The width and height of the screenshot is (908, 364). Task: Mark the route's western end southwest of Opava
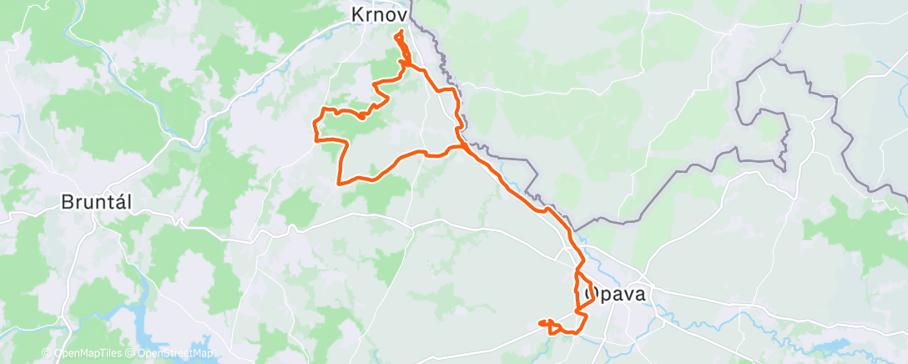(541, 322)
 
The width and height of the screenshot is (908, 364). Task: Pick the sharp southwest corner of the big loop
(339, 182)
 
